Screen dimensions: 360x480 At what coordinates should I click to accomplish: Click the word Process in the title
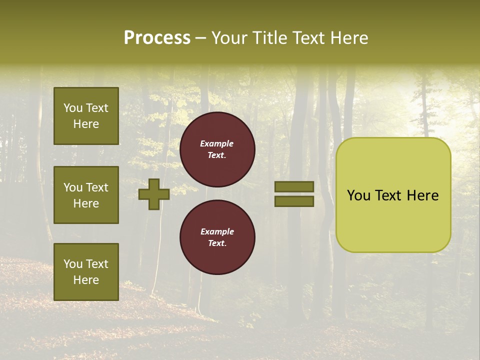[x=157, y=38]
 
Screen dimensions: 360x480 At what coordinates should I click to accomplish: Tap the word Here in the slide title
[x=349, y=38]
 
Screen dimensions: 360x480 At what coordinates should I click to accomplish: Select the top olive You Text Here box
[x=86, y=116]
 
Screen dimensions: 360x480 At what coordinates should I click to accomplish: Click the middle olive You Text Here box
[x=86, y=195]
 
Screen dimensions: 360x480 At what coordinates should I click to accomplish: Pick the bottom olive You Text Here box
[x=86, y=272]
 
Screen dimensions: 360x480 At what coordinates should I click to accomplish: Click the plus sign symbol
[x=154, y=194]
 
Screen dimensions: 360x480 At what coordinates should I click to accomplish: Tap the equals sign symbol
[x=294, y=194]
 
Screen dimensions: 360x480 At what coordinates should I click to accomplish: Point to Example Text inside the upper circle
[x=217, y=149]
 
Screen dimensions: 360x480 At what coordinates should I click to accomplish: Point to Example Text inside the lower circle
[x=217, y=237]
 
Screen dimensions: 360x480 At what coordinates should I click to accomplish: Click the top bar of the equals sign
[x=294, y=186]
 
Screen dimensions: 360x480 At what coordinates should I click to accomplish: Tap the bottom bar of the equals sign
[x=294, y=201]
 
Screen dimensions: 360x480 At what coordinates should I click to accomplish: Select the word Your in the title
[x=229, y=38]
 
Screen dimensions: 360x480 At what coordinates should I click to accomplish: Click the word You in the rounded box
[x=358, y=195]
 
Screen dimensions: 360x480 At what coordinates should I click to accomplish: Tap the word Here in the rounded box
[x=423, y=195]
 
